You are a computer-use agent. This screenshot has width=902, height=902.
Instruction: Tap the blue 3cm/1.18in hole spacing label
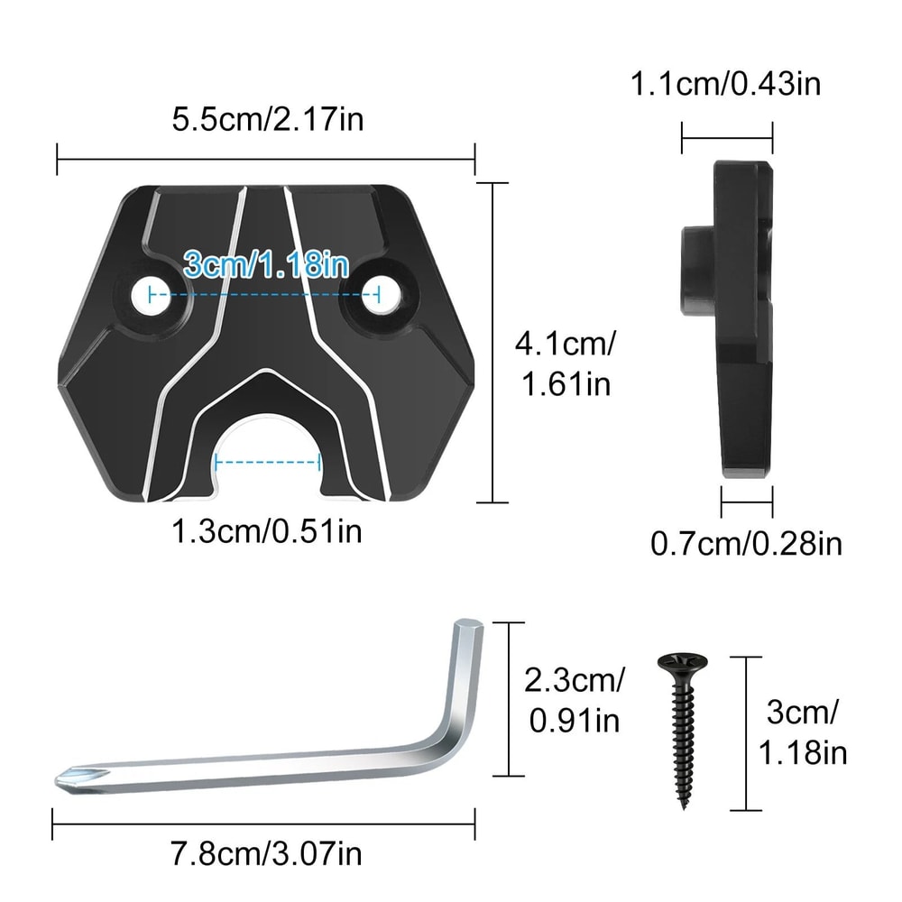click(x=265, y=265)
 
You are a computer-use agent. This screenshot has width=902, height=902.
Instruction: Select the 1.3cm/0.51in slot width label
click(x=267, y=530)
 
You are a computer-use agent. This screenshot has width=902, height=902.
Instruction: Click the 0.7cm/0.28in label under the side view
click(x=746, y=543)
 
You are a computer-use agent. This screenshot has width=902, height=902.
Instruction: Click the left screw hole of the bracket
click(x=149, y=295)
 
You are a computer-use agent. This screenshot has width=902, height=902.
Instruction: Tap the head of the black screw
click(x=683, y=665)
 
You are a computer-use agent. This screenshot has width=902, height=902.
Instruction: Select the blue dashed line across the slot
click(x=267, y=464)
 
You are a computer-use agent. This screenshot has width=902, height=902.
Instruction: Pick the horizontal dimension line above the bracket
click(x=266, y=160)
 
